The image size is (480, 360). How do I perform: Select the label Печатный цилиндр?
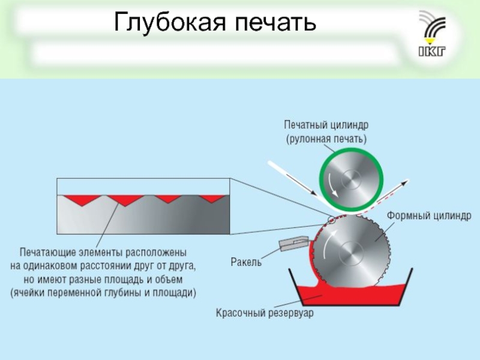[326, 125]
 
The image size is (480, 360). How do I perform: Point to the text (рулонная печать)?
[326, 138]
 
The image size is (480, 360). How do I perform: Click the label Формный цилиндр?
[433, 214]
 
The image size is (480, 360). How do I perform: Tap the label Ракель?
[247, 262]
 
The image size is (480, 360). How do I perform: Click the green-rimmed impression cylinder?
[351, 178]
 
